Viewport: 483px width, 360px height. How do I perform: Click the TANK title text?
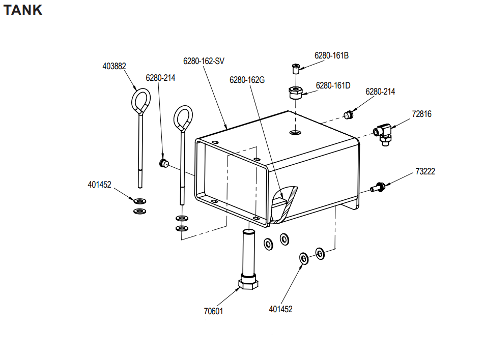(23, 10)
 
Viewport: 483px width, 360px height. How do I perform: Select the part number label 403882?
(114, 66)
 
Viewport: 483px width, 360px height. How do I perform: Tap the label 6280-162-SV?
(204, 61)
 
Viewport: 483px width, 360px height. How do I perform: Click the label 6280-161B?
(331, 55)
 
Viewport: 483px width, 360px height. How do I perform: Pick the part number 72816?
(421, 114)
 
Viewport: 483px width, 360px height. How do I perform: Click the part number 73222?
(425, 172)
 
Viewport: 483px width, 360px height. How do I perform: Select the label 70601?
(213, 311)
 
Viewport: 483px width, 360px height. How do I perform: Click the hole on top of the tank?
(295, 133)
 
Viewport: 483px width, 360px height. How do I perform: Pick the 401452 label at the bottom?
(280, 309)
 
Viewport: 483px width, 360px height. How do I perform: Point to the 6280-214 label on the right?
(380, 92)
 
